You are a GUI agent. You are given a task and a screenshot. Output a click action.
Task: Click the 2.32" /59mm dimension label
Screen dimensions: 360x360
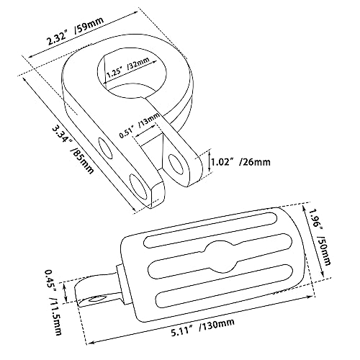[x=76, y=31]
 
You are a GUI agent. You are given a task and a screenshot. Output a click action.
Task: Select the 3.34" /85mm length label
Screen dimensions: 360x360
[x=73, y=150]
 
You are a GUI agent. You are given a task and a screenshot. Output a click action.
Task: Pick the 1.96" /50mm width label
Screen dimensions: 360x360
[x=320, y=237]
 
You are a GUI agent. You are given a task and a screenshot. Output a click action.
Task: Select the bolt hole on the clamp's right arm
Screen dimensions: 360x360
[x=177, y=164]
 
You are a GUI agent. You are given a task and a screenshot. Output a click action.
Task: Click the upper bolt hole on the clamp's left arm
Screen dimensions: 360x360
[x=105, y=148]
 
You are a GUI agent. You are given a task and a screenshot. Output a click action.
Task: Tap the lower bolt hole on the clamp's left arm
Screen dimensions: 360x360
[x=138, y=187]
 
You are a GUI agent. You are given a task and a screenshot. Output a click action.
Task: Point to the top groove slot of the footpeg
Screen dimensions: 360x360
[x=210, y=230]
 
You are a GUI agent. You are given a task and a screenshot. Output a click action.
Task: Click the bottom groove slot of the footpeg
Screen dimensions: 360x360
[x=225, y=285]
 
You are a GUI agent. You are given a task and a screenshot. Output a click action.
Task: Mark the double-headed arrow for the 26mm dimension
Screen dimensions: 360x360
[x=210, y=161]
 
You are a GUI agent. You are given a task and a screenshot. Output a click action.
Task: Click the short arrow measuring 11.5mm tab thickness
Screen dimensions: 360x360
[x=65, y=292]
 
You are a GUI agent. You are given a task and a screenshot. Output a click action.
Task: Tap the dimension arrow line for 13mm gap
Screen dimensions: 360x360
[x=146, y=130]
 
